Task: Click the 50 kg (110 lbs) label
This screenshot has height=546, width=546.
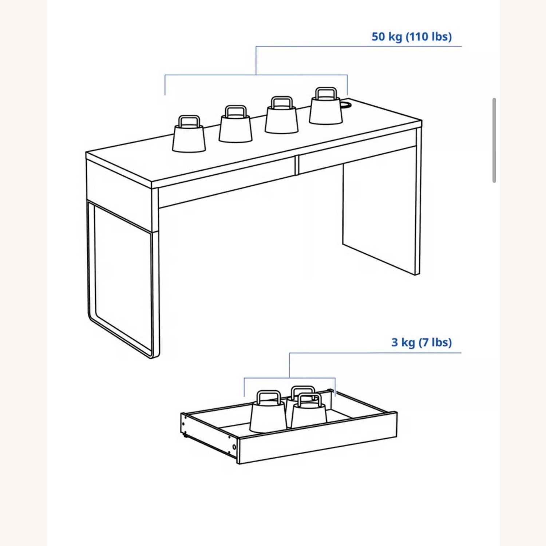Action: (411, 37)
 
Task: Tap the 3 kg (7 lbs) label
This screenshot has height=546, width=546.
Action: (421, 343)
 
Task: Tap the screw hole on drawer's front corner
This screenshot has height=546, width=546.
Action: (234, 447)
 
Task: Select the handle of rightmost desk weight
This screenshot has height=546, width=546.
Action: (325, 93)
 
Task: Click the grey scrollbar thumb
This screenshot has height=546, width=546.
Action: (494, 140)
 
